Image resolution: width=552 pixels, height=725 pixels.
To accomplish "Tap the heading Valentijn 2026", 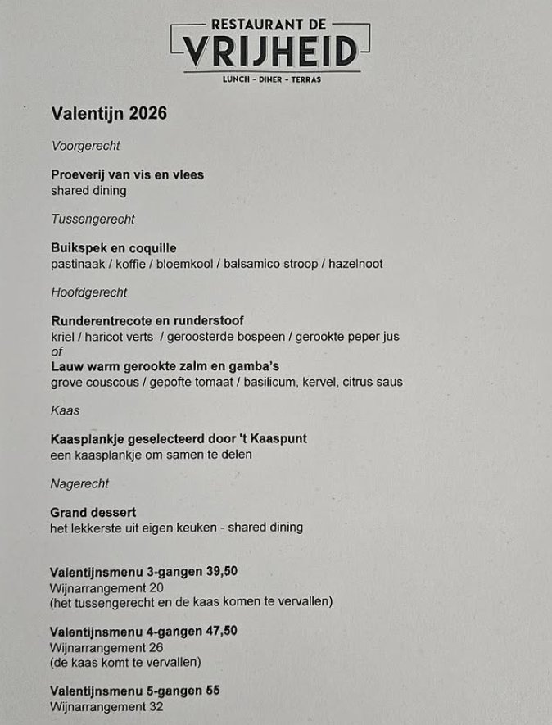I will [109, 113].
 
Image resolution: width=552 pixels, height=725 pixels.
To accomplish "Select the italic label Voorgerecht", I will [85, 146].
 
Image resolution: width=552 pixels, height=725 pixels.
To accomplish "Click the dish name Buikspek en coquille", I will [113, 248].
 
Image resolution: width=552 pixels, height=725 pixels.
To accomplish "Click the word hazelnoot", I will [355, 264].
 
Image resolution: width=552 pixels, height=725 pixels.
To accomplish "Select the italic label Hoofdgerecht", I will [89, 292].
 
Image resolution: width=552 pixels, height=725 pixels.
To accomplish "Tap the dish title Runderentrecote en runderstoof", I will [147, 321].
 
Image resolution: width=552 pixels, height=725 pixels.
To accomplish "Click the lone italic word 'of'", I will [57, 351].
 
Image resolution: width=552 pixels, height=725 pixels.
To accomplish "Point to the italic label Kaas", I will [65, 410].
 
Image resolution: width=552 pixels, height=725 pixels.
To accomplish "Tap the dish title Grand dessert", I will [93, 513].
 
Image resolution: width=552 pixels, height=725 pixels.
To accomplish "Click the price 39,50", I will [223, 572].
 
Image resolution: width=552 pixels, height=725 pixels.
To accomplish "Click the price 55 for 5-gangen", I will [213, 691].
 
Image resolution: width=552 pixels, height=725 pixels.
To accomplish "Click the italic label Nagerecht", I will [79, 483].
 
